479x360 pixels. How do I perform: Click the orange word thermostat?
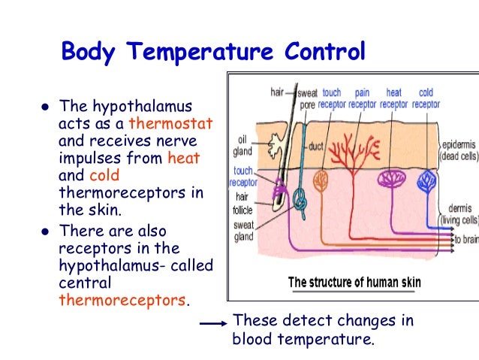tap(171, 123)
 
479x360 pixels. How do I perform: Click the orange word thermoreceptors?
tap(122, 300)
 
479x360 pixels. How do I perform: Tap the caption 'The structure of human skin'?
tap(354, 283)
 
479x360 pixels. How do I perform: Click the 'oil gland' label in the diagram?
tap(243, 145)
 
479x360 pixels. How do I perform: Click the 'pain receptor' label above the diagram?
tap(362, 98)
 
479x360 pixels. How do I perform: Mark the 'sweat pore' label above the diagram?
tap(307, 98)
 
